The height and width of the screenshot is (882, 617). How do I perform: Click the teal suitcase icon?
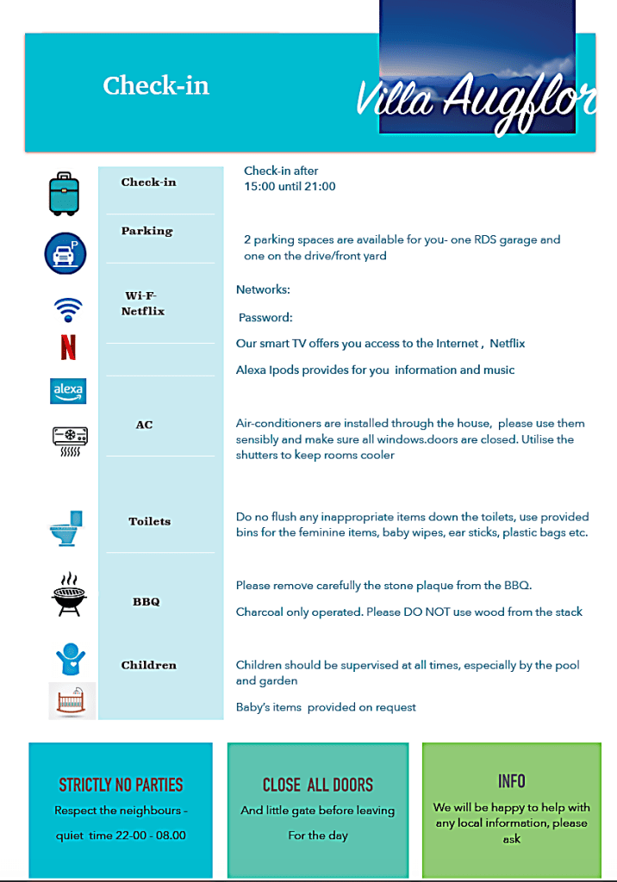pyautogui.click(x=64, y=193)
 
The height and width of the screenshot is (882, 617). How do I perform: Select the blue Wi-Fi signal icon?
pyautogui.click(x=68, y=308)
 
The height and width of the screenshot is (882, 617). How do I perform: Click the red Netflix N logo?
pyautogui.click(x=68, y=346)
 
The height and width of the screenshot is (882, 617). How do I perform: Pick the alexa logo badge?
pyautogui.click(x=68, y=390)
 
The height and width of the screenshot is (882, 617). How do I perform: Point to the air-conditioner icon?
pyautogui.click(x=69, y=439)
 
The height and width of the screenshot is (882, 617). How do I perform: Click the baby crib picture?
pyautogui.click(x=72, y=700)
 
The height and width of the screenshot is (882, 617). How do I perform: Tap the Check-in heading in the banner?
pyautogui.click(x=156, y=86)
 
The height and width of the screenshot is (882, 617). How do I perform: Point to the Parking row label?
pyautogui.click(x=146, y=231)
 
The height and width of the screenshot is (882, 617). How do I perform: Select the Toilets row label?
pyautogui.click(x=150, y=521)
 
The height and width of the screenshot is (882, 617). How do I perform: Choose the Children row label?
pyautogui.click(x=148, y=665)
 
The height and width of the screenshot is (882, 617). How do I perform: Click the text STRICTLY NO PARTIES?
pyautogui.click(x=121, y=785)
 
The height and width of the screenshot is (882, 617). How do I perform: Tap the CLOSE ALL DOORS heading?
pyautogui.click(x=318, y=785)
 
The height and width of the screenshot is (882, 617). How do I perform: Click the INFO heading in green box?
pyautogui.click(x=511, y=781)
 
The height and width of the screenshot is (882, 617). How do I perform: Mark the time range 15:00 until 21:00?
pyautogui.click(x=290, y=186)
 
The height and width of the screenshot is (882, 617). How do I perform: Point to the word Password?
pyautogui.click(x=265, y=317)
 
